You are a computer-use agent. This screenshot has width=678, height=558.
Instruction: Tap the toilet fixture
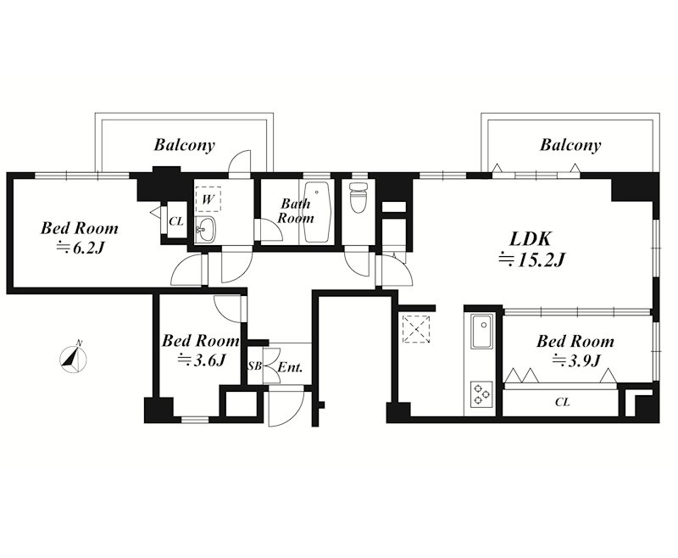pos(358,198)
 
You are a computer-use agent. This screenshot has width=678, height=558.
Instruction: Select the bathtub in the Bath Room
pos(317,212)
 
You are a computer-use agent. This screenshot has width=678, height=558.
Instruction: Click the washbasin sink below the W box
pos(205,229)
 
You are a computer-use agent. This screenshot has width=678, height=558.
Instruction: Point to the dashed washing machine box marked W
pos(208,198)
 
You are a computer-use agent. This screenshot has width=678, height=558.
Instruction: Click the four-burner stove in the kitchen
pos(481,393)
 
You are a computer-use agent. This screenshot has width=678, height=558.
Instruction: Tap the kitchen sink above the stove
pos(482,331)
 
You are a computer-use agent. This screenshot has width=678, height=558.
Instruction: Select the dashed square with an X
pos(416,330)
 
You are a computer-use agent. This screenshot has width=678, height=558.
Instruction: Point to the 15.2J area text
pos(532,259)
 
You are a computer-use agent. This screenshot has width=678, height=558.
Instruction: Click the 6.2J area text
pos(81,248)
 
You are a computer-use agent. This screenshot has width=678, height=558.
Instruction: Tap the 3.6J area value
pos(202,360)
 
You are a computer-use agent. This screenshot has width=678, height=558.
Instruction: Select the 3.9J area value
pos(577,360)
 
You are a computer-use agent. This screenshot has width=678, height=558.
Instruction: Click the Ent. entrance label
pos(290,367)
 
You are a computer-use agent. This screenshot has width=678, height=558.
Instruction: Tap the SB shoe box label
pos(254,366)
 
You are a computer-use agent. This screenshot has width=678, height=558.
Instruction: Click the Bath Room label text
pos(296,210)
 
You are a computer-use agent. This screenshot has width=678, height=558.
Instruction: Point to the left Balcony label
pos(184,145)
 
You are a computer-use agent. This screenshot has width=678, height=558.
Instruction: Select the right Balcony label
pos(570,145)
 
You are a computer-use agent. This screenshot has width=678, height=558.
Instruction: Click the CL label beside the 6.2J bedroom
pos(176,221)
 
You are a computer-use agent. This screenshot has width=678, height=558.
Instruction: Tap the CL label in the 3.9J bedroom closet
pos(562,402)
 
